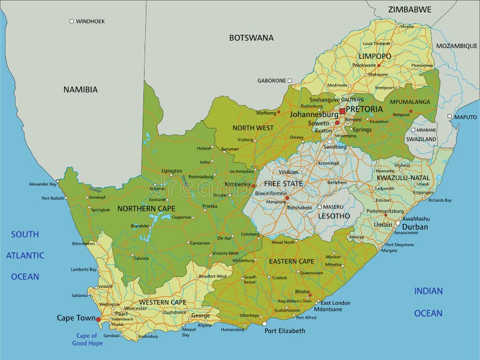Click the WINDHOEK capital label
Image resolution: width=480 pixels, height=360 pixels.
pos(91,21)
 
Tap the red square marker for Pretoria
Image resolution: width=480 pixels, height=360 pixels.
pos(342,111)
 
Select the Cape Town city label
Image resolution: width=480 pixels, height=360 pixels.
pos(75,318)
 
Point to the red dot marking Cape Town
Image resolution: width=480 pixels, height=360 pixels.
pos(98,320)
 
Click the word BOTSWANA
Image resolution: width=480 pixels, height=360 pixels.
pos(251,38)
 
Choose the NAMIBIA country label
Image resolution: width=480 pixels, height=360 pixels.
pos(80,89)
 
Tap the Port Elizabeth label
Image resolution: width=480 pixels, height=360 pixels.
pos(285,331)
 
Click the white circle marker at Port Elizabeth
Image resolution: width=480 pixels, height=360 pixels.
pos(265,323)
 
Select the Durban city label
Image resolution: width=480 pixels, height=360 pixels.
pos(415,227)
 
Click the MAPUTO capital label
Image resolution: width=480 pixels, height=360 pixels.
pos(466,117)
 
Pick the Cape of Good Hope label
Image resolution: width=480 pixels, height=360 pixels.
pos(87,340)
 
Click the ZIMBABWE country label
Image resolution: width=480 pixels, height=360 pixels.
pos(409,10)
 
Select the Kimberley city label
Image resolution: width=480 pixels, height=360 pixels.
pos(238,184)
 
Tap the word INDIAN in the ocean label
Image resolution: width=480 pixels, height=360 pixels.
pos(428,291)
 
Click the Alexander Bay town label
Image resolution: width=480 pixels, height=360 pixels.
pos(42,184)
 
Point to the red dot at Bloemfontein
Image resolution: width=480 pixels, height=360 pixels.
pos(287,197)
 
